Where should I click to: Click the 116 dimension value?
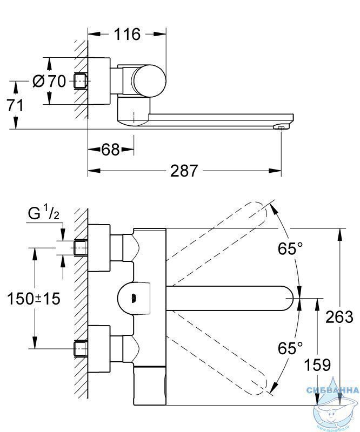pos(126,35)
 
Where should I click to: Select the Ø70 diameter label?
pos(49,82)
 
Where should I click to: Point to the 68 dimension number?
pos(110,150)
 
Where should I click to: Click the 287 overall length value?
pos(184,171)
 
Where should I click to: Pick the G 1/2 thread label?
pos(45,214)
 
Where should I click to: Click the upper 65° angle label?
pos(291,249)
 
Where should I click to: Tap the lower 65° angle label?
pos(291,348)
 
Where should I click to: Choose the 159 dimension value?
pos(317,365)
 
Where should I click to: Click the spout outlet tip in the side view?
pos(279,127)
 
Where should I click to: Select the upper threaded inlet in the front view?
pos(81,247)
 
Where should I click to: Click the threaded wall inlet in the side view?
pos(81,82)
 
